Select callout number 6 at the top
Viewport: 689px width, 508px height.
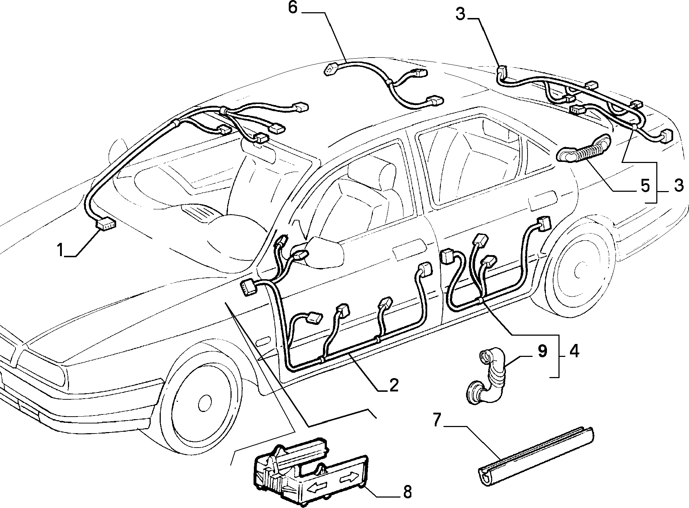click(293, 8)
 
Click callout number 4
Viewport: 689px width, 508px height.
click(574, 351)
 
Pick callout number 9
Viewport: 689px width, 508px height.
click(542, 351)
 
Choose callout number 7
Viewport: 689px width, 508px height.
click(436, 420)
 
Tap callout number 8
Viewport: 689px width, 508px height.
click(407, 492)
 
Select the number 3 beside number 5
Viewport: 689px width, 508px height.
click(678, 186)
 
